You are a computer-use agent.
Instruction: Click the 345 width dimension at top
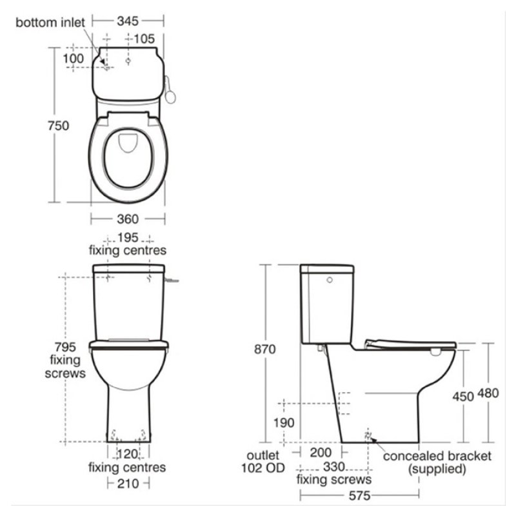tap(128, 21)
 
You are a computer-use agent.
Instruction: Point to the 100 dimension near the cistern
tap(74, 59)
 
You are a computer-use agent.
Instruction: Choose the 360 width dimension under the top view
tap(127, 219)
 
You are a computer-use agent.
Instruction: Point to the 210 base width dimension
tap(127, 483)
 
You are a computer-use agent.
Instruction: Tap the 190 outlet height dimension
tap(284, 423)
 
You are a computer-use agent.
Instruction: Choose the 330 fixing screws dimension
tap(333, 466)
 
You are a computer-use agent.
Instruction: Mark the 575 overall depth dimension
tap(359, 497)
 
